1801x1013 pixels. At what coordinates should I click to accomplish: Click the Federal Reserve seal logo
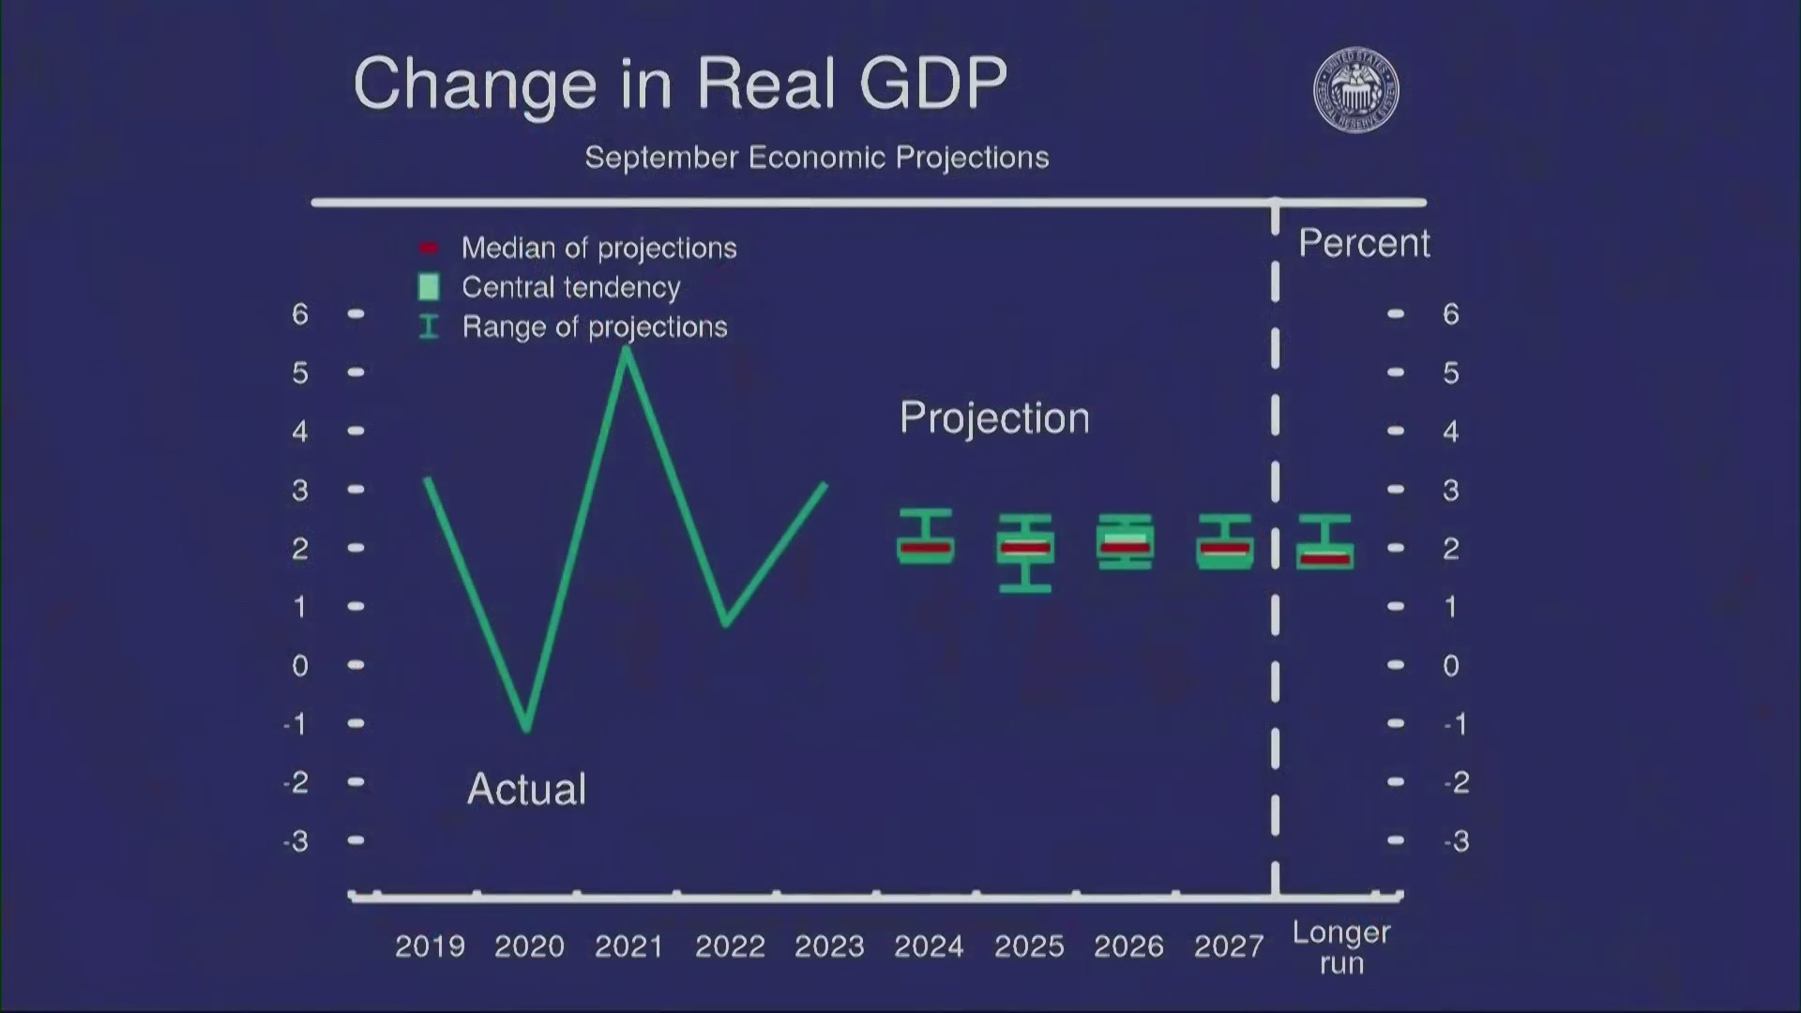[x=1355, y=90]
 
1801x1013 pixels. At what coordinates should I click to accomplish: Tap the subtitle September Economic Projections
[x=816, y=158]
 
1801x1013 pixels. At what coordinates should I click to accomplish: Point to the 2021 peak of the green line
[x=627, y=351]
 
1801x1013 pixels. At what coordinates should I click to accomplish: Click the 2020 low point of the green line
[x=527, y=726]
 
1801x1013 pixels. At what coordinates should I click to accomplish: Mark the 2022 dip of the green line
[x=727, y=622]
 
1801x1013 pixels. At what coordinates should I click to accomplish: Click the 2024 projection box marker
[x=926, y=547]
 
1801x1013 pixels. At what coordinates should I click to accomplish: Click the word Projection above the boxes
[x=994, y=417]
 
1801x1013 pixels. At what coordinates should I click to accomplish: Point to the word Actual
[x=526, y=789]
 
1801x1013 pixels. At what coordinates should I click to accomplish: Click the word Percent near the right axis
[x=1364, y=244]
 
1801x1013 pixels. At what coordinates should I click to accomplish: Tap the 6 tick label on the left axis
[x=300, y=314]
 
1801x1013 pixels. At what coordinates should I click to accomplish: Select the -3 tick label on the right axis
[x=1456, y=841]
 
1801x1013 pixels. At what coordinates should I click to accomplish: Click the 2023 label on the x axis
[x=829, y=946]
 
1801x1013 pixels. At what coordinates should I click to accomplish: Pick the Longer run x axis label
[x=1341, y=947]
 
